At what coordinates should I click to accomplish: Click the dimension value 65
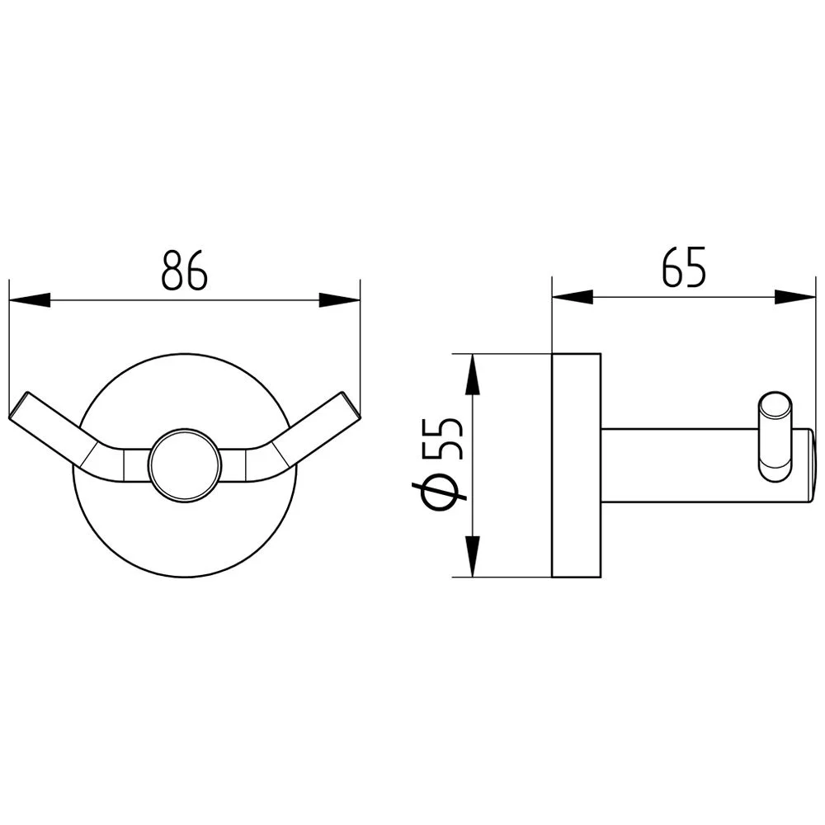(684, 266)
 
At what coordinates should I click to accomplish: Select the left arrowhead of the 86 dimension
(30, 299)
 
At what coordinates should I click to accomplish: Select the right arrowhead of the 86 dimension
(339, 299)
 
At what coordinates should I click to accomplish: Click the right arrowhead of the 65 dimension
(794, 295)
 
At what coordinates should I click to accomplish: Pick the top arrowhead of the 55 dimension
(472, 375)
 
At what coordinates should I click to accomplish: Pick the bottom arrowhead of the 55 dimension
(472, 557)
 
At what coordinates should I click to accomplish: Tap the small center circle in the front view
(185, 464)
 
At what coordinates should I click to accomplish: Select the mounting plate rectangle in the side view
(576, 465)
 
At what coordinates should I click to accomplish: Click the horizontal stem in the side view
(676, 466)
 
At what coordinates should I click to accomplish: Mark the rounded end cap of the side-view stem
(810, 466)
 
